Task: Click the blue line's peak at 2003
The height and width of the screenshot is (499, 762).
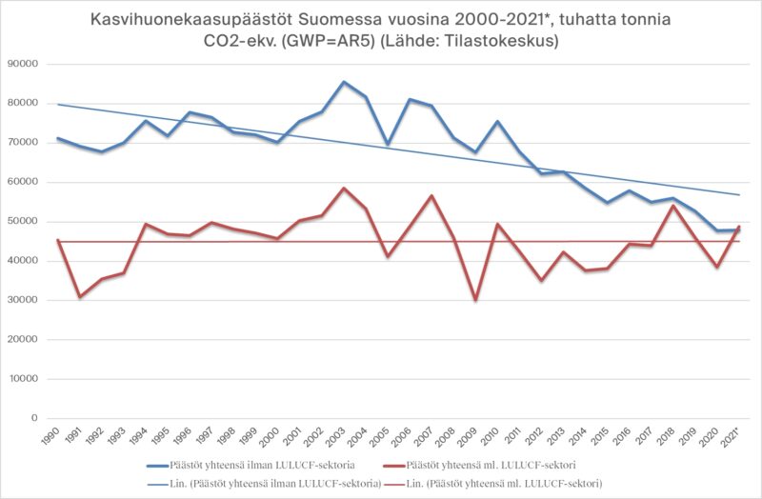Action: pos(344,82)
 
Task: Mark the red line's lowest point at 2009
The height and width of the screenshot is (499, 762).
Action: pos(475,300)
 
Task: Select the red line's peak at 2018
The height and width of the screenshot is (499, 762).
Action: pos(673,206)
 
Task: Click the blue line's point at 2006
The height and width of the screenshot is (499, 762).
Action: pos(410,99)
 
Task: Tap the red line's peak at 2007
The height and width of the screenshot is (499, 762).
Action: pos(431,196)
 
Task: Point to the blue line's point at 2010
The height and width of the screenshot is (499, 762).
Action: pos(497,122)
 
